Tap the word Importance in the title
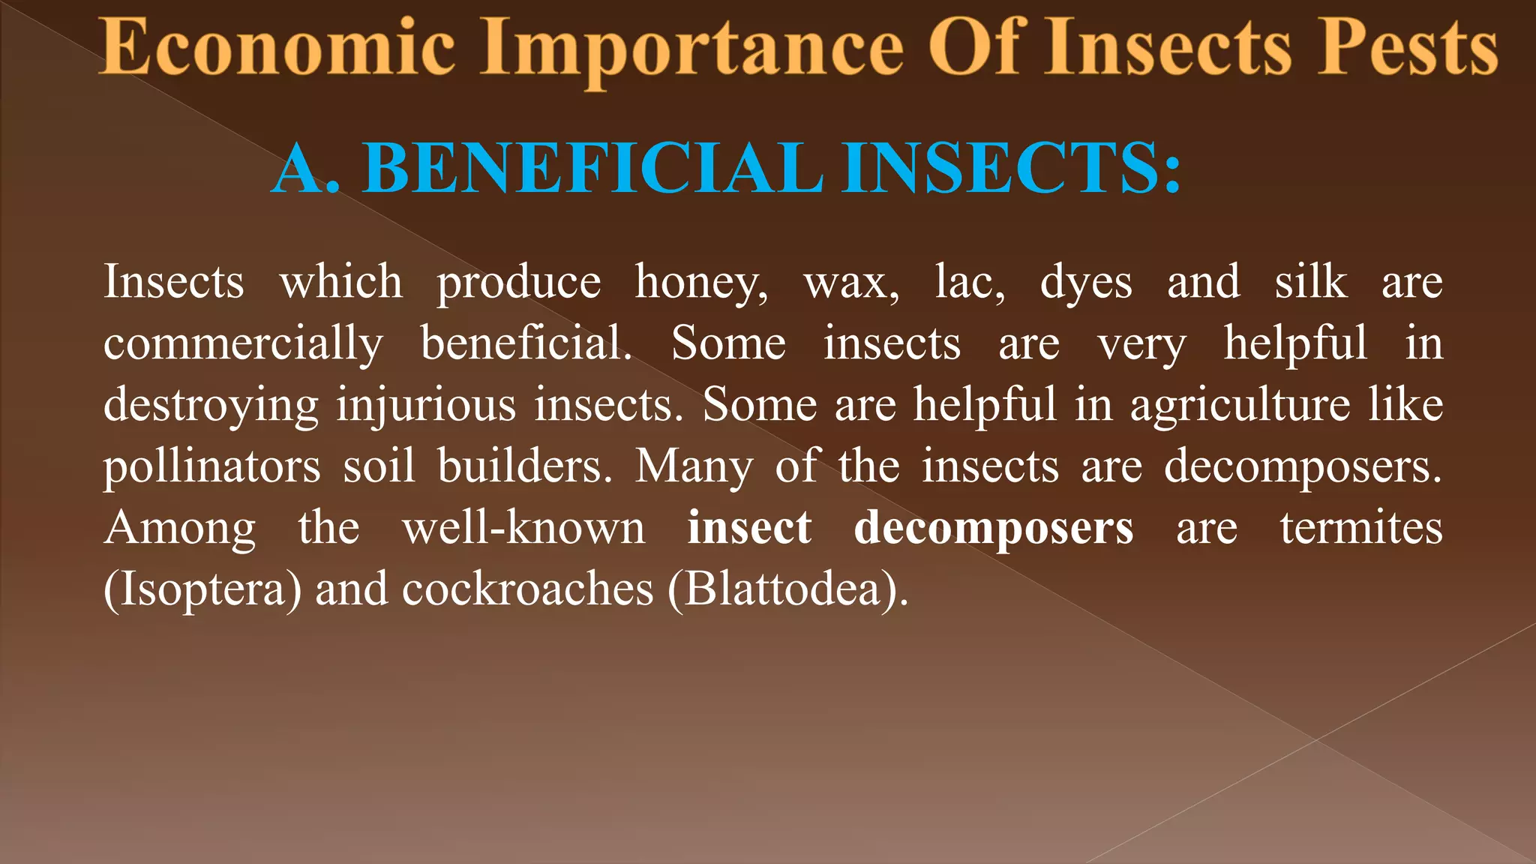pos(691,49)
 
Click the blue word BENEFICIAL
pos(592,168)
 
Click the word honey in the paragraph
pos(700,283)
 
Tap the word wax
pos(851,283)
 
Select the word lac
pos(969,282)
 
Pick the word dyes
pos(1085,283)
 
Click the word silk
pos(1310,282)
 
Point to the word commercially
pos(243,345)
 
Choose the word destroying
pos(211,406)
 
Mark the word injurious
pos(425,406)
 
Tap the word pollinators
pos(211,467)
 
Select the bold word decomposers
pos(993,529)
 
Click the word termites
pos(1360,528)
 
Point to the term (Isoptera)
pos(202,590)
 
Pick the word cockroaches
pos(527,590)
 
